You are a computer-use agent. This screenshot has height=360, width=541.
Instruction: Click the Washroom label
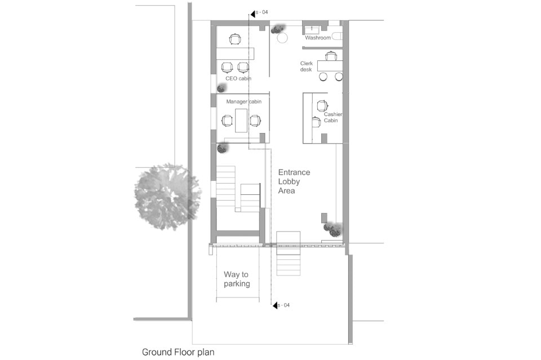point(318,38)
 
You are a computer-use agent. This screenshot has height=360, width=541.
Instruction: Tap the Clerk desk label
point(306,66)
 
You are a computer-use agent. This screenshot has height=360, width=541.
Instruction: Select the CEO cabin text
point(238,79)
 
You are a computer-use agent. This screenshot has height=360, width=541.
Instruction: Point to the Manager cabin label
point(243,102)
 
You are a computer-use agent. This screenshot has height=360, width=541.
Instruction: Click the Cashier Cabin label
point(333,117)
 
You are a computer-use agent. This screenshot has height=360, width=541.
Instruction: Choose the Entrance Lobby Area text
point(294,181)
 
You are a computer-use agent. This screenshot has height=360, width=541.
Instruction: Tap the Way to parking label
point(237,279)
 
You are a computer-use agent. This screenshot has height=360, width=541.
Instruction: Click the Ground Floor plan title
point(178,352)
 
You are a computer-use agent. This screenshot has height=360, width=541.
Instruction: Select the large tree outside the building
point(168,197)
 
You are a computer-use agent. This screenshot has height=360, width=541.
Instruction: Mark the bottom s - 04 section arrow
point(275,305)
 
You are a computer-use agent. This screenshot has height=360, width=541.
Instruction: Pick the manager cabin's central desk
point(241,121)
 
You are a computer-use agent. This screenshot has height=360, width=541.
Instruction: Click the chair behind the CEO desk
point(234,39)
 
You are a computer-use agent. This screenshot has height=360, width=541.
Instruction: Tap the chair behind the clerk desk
point(331,55)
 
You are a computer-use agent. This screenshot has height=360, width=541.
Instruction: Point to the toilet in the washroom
point(337,36)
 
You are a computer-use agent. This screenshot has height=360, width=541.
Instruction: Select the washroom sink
point(314,29)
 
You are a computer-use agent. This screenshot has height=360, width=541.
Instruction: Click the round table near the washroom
point(282,38)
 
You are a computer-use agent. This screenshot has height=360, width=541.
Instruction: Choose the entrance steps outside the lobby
point(288,254)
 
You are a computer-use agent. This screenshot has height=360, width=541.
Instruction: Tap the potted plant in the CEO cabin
point(221,88)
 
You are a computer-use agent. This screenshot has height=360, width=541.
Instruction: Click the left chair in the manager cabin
point(227,121)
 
